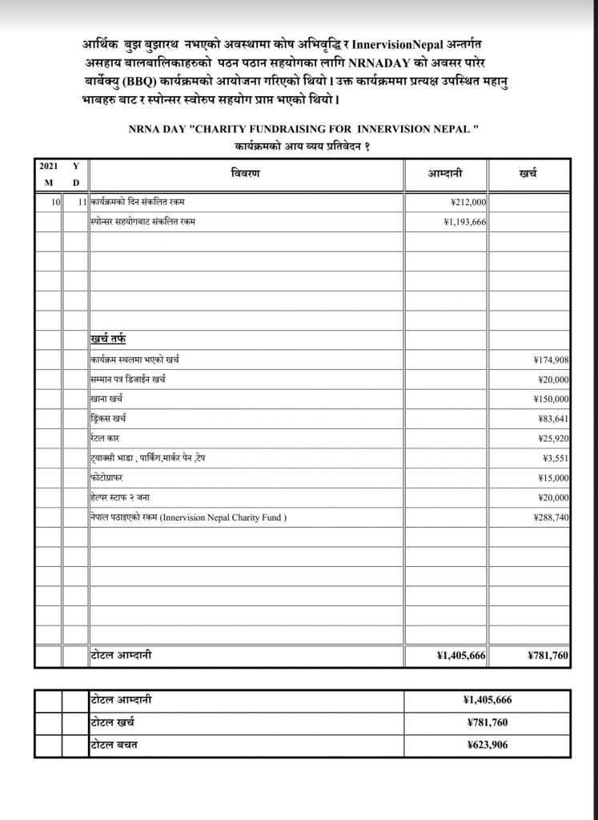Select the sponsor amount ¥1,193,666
(x=464, y=222)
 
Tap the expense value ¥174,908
(x=551, y=360)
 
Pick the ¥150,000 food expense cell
(x=551, y=399)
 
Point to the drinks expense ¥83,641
(x=553, y=419)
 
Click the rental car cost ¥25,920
(x=553, y=439)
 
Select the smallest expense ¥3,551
(x=556, y=458)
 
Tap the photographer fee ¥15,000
(x=553, y=478)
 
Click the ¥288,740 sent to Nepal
(x=551, y=518)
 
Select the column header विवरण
(x=246, y=173)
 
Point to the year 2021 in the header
(x=49, y=166)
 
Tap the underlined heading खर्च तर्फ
(x=108, y=340)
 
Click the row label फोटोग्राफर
(x=108, y=478)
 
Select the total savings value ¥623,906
(x=488, y=745)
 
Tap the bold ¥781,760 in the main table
(x=548, y=655)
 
